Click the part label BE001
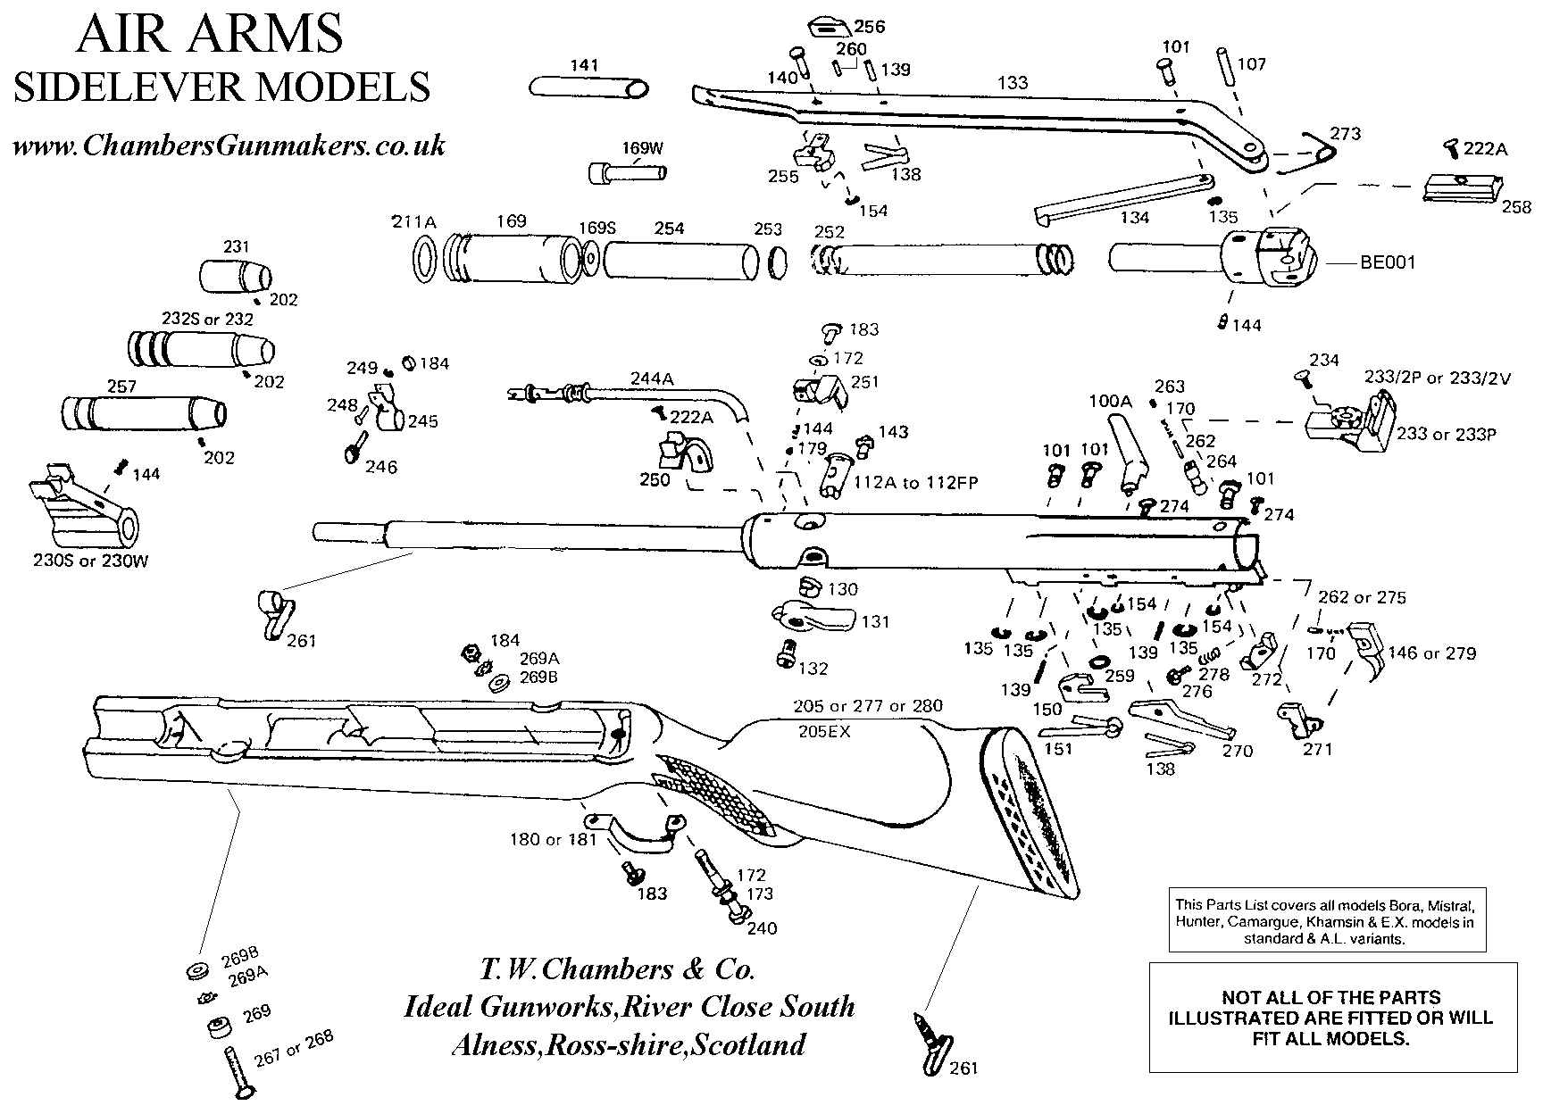pyautogui.click(x=1388, y=263)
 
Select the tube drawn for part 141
pyautogui.click(x=588, y=87)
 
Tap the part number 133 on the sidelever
pyautogui.click(x=1012, y=83)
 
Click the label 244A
pyautogui.click(x=652, y=378)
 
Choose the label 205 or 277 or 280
pyautogui.click(x=867, y=707)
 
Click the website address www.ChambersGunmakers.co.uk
pyautogui.click(x=228, y=145)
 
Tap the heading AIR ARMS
pyautogui.click(x=210, y=36)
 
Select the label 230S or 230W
pyautogui.click(x=81, y=562)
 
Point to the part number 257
pyautogui.click(x=121, y=386)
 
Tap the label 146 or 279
pyautogui.click(x=1432, y=653)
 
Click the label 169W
pyautogui.click(x=643, y=149)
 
